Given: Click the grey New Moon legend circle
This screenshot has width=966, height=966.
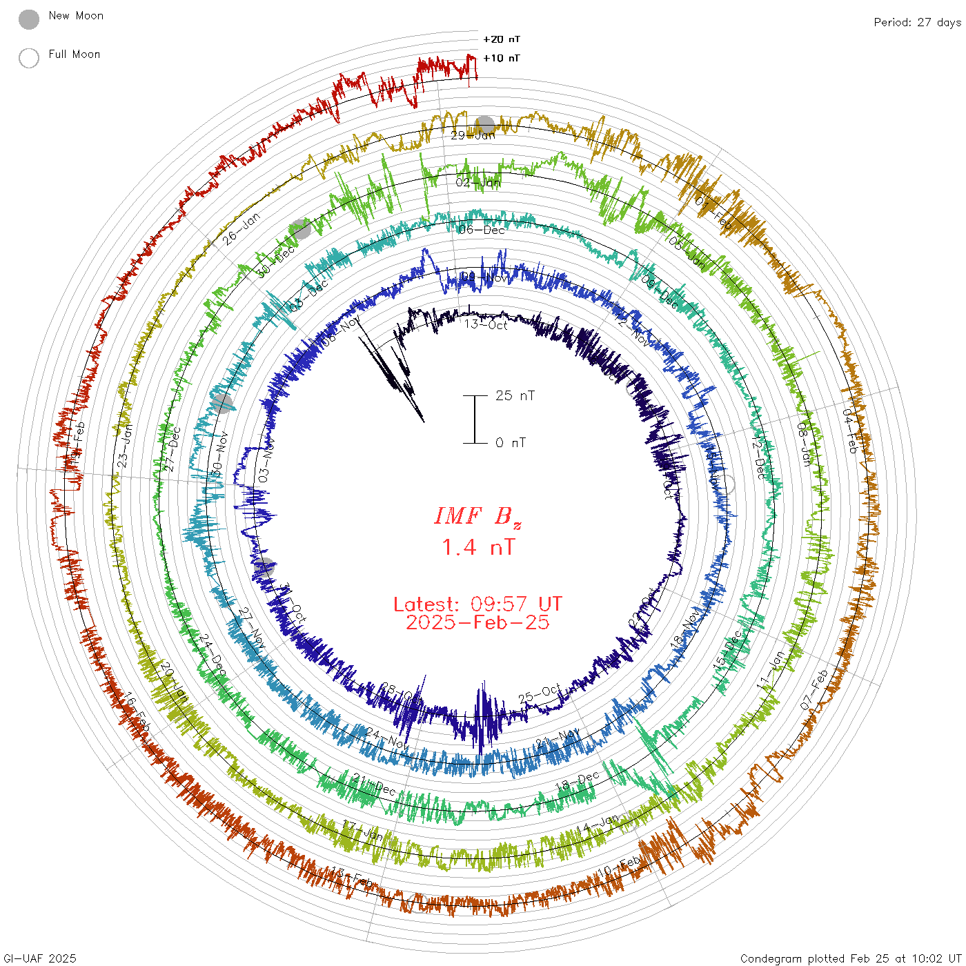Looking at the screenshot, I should click(x=29, y=19).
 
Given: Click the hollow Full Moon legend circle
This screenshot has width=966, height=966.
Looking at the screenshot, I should click(x=29, y=58).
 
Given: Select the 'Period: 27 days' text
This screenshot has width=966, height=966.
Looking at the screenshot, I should click(x=917, y=23).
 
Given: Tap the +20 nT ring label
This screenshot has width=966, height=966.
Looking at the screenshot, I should click(x=502, y=39).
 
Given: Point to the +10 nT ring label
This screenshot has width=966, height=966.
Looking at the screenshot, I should click(x=502, y=58).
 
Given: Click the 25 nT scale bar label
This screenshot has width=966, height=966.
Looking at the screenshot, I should click(x=515, y=395).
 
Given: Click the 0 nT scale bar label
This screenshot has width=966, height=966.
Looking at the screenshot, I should click(x=511, y=442).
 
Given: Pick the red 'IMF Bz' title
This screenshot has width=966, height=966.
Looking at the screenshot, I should click(x=477, y=516).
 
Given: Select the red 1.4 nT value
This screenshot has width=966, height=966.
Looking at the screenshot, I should click(x=477, y=547).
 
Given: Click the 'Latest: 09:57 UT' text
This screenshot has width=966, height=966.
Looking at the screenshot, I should click(x=477, y=604).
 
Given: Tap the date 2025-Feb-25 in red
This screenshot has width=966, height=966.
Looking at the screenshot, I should click(x=477, y=622).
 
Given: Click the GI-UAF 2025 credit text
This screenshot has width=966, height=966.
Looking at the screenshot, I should click(x=39, y=958).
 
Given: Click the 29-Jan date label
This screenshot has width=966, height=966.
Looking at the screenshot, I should click(x=473, y=135).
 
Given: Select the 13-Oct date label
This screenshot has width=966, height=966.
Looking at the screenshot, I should click(x=486, y=324).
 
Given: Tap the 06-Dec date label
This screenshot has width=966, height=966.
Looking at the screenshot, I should click(x=482, y=230).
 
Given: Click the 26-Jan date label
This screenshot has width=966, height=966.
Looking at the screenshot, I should click(x=241, y=229).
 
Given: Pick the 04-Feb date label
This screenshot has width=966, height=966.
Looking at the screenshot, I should click(x=850, y=431).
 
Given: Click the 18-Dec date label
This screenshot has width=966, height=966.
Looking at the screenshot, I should click(x=577, y=782).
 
